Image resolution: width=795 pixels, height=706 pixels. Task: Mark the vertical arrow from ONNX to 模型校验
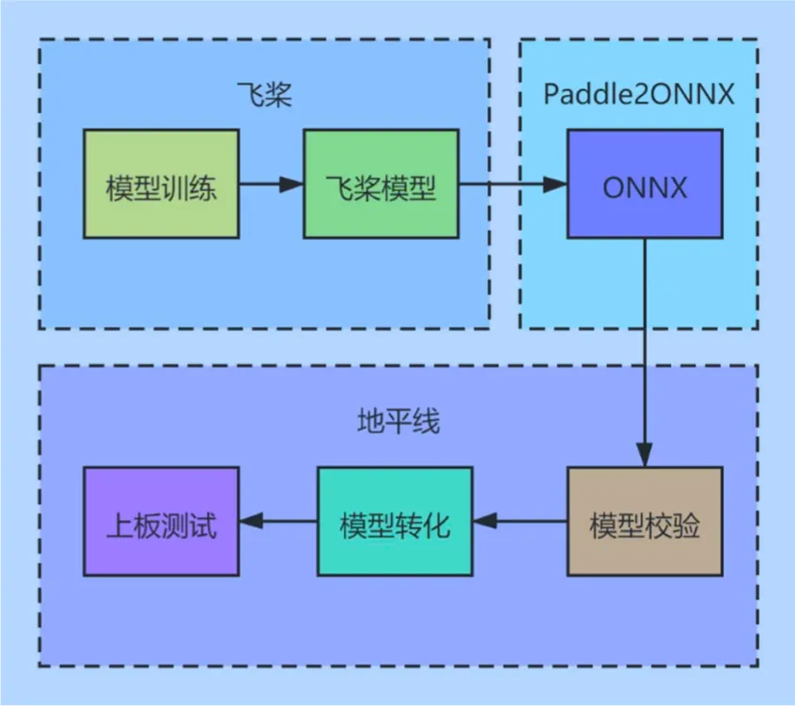click(645, 348)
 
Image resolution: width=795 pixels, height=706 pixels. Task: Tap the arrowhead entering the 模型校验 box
click(645, 456)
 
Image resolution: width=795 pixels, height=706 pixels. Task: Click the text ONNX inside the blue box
click(645, 187)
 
